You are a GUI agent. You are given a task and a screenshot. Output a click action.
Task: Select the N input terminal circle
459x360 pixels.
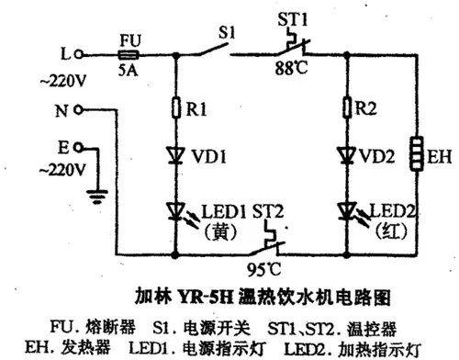coord(81,109)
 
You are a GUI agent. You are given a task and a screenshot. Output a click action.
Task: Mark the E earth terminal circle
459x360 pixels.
coord(81,146)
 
